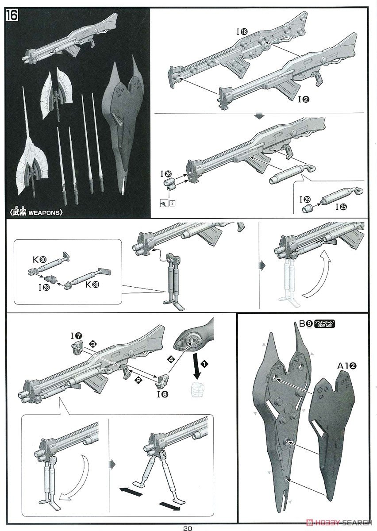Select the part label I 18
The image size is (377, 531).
tap(242, 31)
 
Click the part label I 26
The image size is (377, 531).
tap(167, 174)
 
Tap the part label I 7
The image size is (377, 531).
tap(76, 336)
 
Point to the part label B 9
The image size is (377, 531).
tap(305, 324)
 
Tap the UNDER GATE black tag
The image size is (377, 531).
tap(325, 324)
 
